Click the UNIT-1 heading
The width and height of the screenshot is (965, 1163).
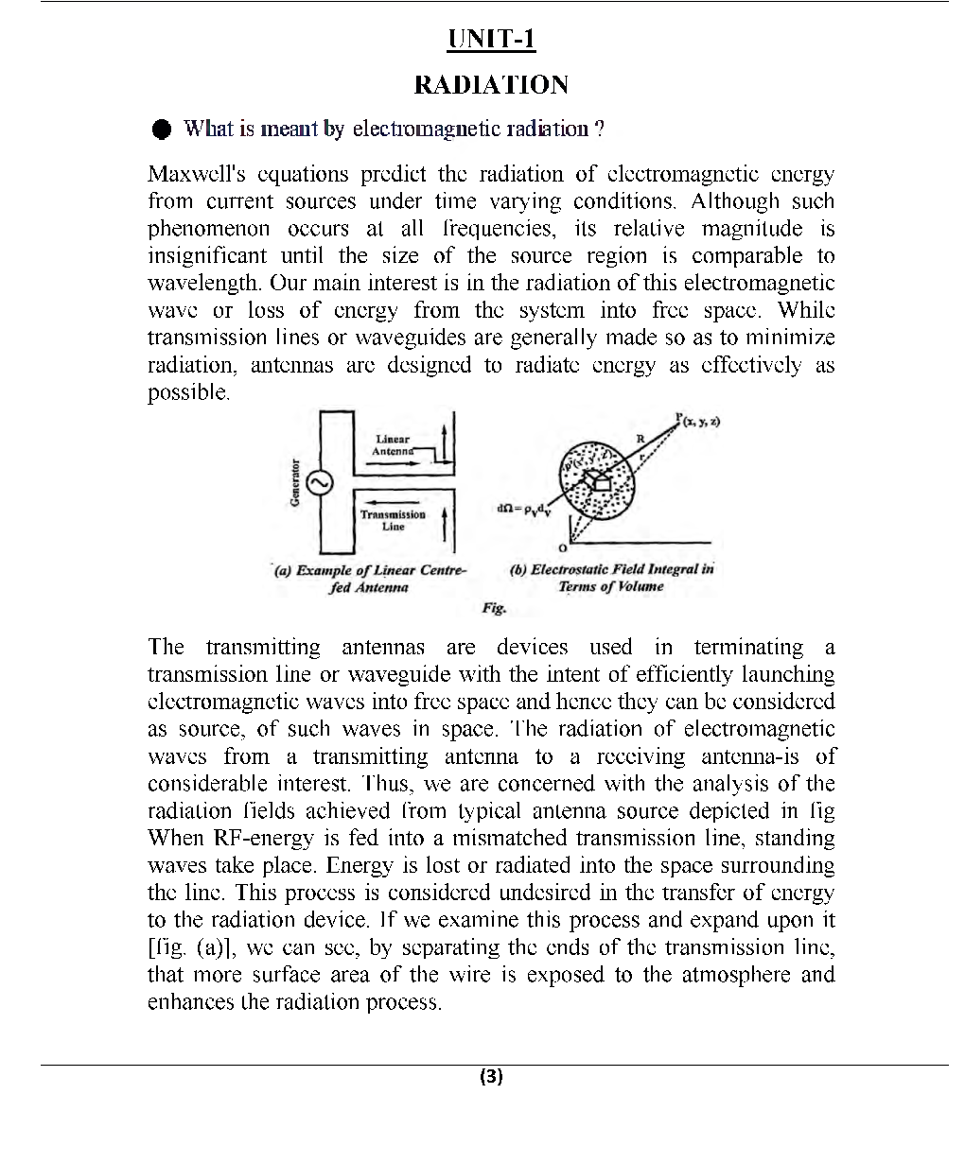click(x=491, y=39)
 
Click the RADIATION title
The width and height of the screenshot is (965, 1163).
click(x=491, y=85)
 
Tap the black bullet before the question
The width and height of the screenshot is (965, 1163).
click(x=163, y=129)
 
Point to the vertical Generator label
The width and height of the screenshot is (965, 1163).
click(x=295, y=483)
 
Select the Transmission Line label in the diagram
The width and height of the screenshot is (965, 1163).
click(x=393, y=520)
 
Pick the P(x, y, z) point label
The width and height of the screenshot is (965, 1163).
click(x=698, y=420)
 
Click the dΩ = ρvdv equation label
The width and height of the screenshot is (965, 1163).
click(x=520, y=509)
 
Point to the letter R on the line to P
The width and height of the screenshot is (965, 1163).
click(x=640, y=438)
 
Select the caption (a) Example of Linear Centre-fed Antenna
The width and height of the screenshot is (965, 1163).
click(x=369, y=579)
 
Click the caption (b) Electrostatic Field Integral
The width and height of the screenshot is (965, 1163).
click(x=611, y=578)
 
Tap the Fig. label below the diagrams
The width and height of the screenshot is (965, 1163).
click(x=493, y=608)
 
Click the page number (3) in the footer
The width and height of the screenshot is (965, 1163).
click(x=491, y=1076)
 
